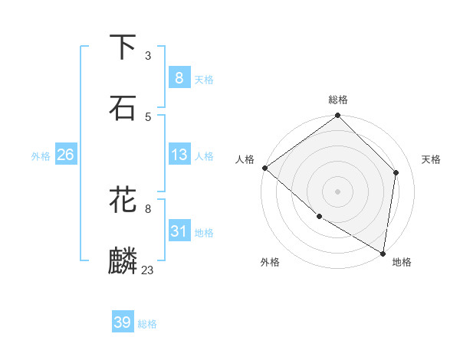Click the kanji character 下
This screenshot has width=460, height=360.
pos(123,47)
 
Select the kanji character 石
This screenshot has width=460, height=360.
pos(123,108)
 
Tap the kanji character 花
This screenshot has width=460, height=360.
pos(123,201)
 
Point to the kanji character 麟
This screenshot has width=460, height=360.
pos(123,261)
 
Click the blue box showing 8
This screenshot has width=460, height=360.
pos(179,77)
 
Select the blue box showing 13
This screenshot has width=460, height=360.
pos(179,155)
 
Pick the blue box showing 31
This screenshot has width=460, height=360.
pos(179,231)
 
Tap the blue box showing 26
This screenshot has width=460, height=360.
pos(65,155)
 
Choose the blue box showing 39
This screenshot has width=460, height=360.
pos(122,322)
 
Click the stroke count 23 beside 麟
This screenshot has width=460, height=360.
pos(148,270)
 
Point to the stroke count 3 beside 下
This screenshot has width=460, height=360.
pos(148,56)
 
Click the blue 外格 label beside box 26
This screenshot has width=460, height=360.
pos(41,155)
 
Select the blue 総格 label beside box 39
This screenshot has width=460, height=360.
pos(147,324)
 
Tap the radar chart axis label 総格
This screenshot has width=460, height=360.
pos(338,100)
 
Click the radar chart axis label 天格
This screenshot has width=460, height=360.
pos(432,159)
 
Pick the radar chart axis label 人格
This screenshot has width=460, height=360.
pos(245,159)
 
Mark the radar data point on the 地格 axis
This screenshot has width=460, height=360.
pos(383,253)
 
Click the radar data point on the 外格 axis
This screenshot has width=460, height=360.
pos(319,217)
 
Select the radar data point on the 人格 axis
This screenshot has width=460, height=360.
pos(264,168)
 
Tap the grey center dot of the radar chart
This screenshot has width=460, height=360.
pos(338,191)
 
